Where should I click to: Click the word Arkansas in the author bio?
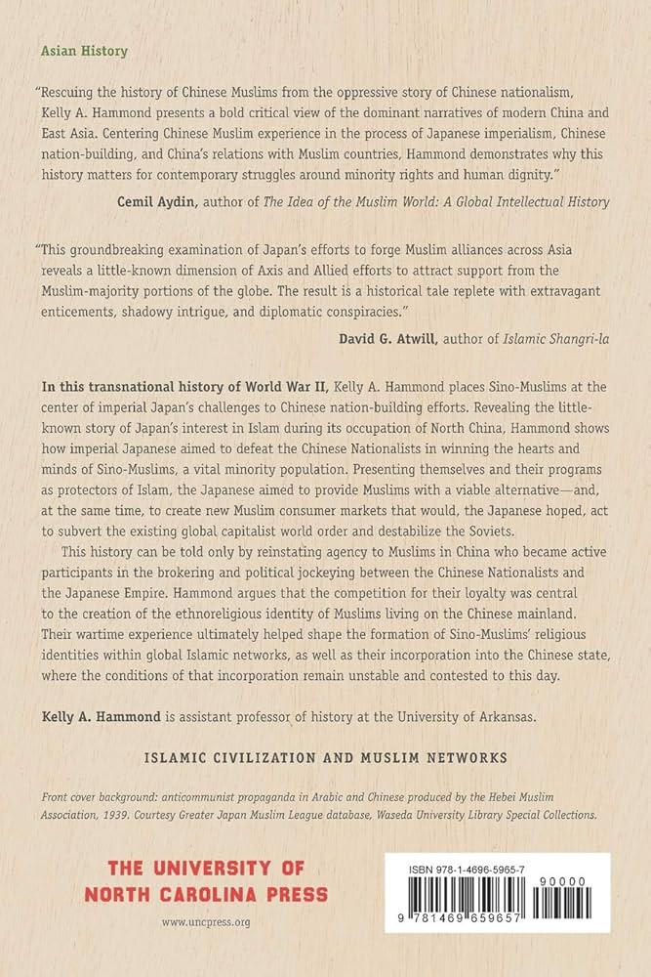click(x=496, y=689)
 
